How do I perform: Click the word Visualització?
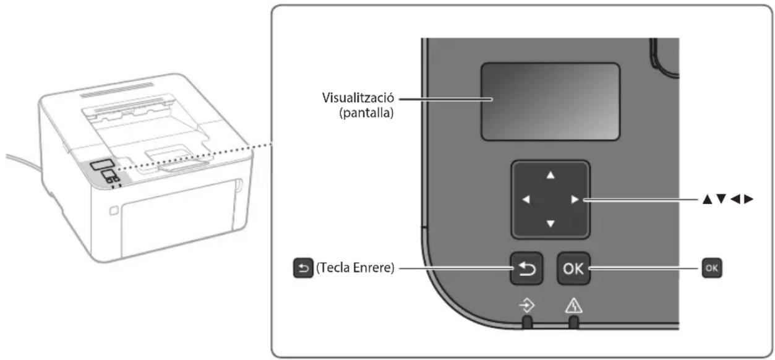pos(358,98)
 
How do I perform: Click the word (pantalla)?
pos(366,113)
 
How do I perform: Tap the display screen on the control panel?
pos(550,101)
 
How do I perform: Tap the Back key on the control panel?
pos(526,268)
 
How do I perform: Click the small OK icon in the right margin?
pos(712,268)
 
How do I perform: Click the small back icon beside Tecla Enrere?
pos(303,268)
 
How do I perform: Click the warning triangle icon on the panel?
pos(573,306)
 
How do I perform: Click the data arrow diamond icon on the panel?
pos(526,306)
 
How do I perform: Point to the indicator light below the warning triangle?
pos(573,322)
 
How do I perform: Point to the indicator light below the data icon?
pos(527,322)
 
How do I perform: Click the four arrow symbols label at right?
pos(728,199)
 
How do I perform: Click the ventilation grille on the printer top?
pos(117,90)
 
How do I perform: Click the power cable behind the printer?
pos(23,162)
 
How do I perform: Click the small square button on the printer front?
pos(114,210)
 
